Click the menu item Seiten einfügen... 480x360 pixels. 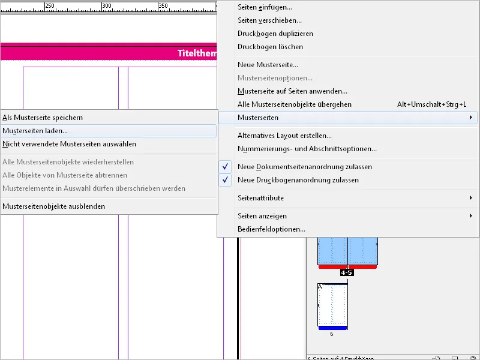pos(265,7)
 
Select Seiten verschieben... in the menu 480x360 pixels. pos(269,20)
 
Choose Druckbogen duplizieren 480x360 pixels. pos(275,34)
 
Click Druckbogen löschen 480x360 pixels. pos(270,47)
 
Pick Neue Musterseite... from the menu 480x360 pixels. pos(268,65)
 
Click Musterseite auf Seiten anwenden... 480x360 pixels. pos(292,91)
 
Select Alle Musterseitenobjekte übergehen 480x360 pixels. pos(294,104)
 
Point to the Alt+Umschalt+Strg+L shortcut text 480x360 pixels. pos(431,104)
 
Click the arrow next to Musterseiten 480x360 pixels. pos(471,118)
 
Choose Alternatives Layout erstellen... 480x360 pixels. pos(284,136)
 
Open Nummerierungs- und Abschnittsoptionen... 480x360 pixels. pos(307,149)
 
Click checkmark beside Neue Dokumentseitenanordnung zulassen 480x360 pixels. pos(226,167)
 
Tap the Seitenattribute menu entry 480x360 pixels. pos(260,198)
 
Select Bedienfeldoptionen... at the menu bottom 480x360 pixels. pos(271,229)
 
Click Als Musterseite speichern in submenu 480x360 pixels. pos(43,118)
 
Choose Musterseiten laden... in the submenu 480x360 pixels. pos(35,131)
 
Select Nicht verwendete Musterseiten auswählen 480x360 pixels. pos(69,144)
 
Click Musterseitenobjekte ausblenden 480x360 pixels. pos(53,206)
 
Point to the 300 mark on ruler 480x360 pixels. pos(107,6)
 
